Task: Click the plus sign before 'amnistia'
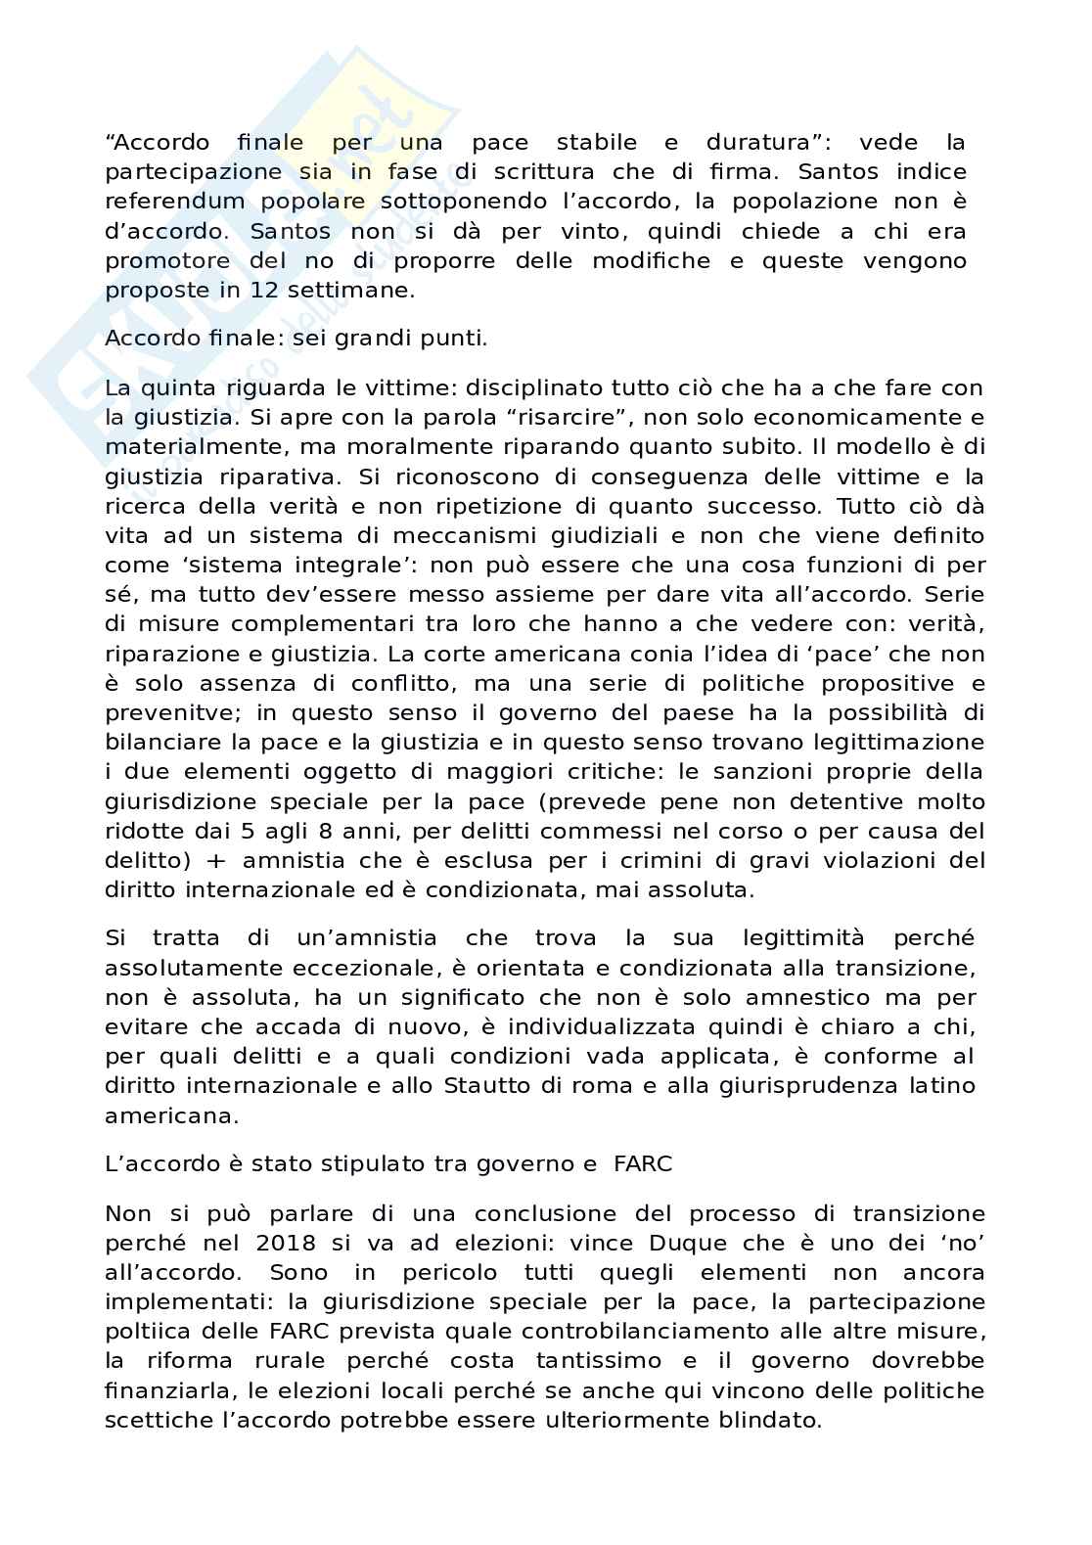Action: [218, 861]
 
